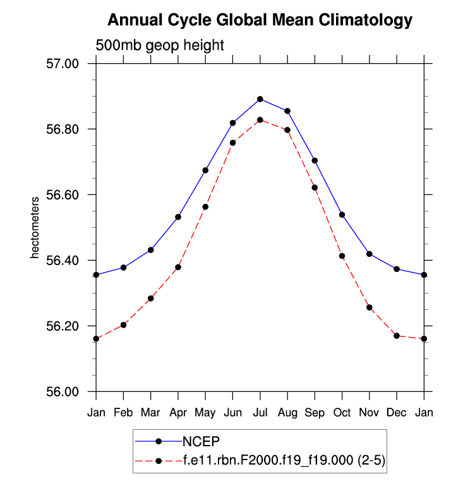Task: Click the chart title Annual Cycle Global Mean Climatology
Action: [260, 20]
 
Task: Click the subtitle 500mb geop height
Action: [160, 45]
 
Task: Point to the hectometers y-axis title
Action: [36, 228]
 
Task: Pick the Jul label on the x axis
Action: [260, 413]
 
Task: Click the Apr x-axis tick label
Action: [178, 413]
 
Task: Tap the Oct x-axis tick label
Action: [342, 413]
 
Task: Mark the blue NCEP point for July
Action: [260, 99]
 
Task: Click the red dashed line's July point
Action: [260, 120]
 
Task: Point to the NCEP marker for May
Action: [205, 170]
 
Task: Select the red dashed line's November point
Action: [369, 307]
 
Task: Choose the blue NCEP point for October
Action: [342, 215]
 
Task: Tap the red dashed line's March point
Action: [150, 298]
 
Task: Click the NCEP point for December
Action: [397, 269]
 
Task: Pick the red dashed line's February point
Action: [124, 324]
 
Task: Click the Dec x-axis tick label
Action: [397, 413]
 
